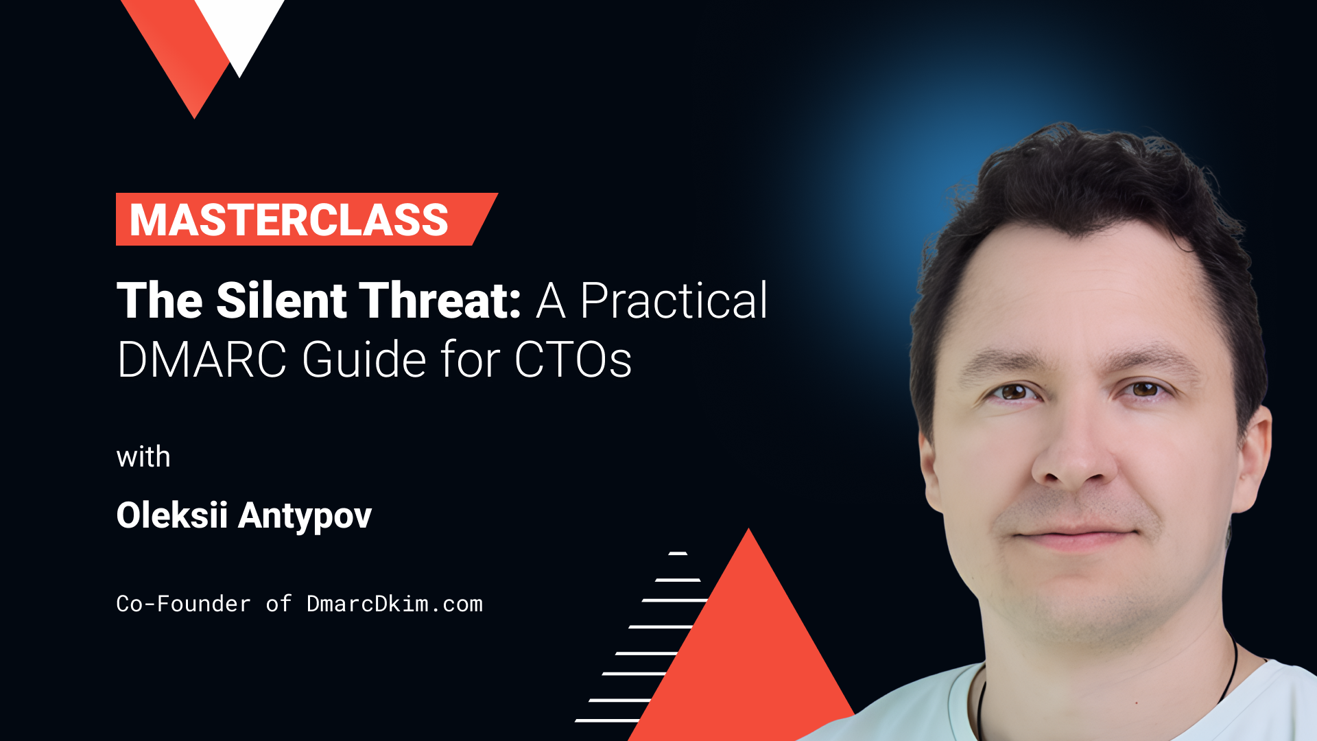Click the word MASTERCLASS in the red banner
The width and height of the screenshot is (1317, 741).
point(289,220)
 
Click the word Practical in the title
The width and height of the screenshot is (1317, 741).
point(674,302)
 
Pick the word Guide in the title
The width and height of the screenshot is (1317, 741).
point(364,360)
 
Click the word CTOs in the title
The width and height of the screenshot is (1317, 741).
point(573,360)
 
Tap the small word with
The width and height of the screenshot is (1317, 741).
point(143,457)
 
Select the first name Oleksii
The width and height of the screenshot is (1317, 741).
point(171,515)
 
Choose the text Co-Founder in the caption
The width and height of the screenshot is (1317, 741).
point(183,604)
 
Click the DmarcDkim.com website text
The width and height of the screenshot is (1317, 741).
point(394,604)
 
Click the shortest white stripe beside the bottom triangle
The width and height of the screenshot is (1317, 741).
point(678,553)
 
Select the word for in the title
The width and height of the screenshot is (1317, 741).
point(469,360)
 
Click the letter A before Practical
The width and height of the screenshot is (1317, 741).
point(551,302)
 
